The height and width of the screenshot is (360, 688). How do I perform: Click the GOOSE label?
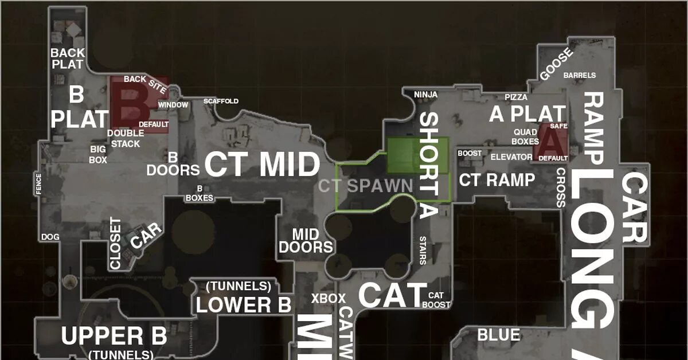click(x=556, y=64)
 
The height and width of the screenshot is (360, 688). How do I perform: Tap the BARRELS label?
click(x=580, y=75)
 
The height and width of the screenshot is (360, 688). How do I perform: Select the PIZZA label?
click(x=516, y=97)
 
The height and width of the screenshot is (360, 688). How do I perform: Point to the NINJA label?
click(x=426, y=94)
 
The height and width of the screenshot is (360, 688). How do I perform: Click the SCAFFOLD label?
click(x=221, y=101)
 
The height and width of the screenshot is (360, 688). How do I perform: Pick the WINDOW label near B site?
click(x=173, y=105)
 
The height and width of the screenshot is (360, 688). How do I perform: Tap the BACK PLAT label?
click(x=68, y=58)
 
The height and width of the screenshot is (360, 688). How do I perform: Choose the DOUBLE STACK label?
click(x=126, y=138)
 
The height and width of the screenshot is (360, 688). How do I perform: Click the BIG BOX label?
click(x=98, y=155)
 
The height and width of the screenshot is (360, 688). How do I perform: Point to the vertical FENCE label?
click(x=39, y=184)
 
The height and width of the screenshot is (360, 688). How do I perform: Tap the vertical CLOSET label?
click(x=116, y=244)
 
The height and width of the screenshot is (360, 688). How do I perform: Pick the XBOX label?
click(x=329, y=298)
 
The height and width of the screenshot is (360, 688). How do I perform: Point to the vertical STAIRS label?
click(x=423, y=250)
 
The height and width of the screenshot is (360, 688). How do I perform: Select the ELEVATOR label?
click(x=511, y=157)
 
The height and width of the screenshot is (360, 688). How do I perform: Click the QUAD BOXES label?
click(x=525, y=136)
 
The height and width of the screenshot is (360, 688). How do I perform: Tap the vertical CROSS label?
click(x=561, y=187)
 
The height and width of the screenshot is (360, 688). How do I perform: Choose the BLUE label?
click(x=499, y=335)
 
